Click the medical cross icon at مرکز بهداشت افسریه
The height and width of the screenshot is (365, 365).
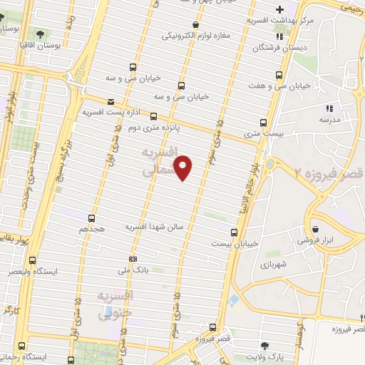point(280,9)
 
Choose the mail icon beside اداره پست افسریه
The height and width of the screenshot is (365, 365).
point(110,101)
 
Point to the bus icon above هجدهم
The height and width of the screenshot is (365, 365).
point(91,218)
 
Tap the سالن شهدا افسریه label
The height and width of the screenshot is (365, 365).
point(155,226)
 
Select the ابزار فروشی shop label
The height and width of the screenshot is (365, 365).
point(334,240)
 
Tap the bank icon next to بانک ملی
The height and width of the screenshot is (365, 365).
point(133,259)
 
